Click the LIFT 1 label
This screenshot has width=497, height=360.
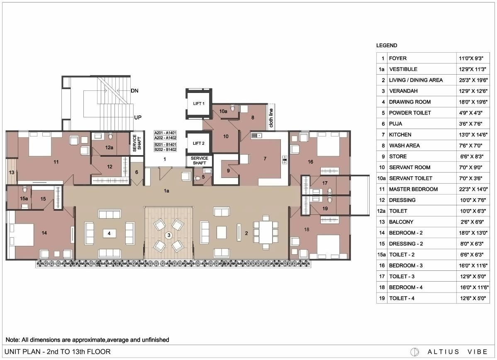pyautogui.click(x=199, y=103)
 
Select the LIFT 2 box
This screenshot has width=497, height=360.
pyautogui.click(x=199, y=144)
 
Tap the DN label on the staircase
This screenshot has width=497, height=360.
pyautogui.click(x=134, y=90)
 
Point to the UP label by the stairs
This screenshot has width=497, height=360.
pyautogui.click(x=138, y=117)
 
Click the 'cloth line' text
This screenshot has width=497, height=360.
pyautogui.click(x=271, y=117)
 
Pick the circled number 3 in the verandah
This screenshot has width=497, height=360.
pyautogui.click(x=168, y=235)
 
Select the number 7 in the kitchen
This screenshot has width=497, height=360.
pyautogui.click(x=265, y=158)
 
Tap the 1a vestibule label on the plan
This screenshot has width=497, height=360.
pyautogui.click(x=166, y=191)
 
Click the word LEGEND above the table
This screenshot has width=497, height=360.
pyautogui.click(x=387, y=46)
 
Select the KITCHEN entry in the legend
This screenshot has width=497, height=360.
pyautogui.click(x=400, y=134)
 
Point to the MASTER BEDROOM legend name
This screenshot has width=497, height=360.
pyautogui.click(x=413, y=189)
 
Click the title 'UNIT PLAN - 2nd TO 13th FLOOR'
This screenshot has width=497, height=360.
pyautogui.click(x=58, y=352)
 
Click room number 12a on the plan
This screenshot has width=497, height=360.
pyautogui.click(x=109, y=147)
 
